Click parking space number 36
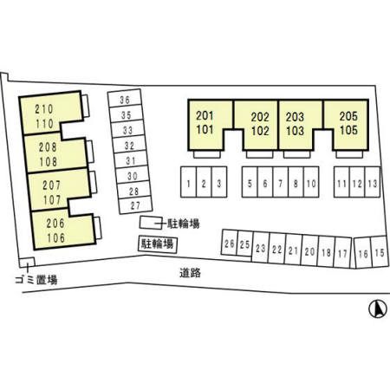(125, 100)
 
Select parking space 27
(135, 205)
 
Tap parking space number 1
(188, 182)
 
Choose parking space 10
(311, 182)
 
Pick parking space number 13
(373, 182)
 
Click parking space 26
(230, 243)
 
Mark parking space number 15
(379, 252)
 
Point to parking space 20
(309, 250)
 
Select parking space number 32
(129, 146)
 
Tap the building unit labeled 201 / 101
(205, 123)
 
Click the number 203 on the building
(295, 117)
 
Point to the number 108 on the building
(49, 162)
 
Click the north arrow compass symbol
(378, 309)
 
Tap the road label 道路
(190, 273)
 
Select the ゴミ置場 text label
(36, 280)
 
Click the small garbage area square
(27, 263)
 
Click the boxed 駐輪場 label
(157, 244)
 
